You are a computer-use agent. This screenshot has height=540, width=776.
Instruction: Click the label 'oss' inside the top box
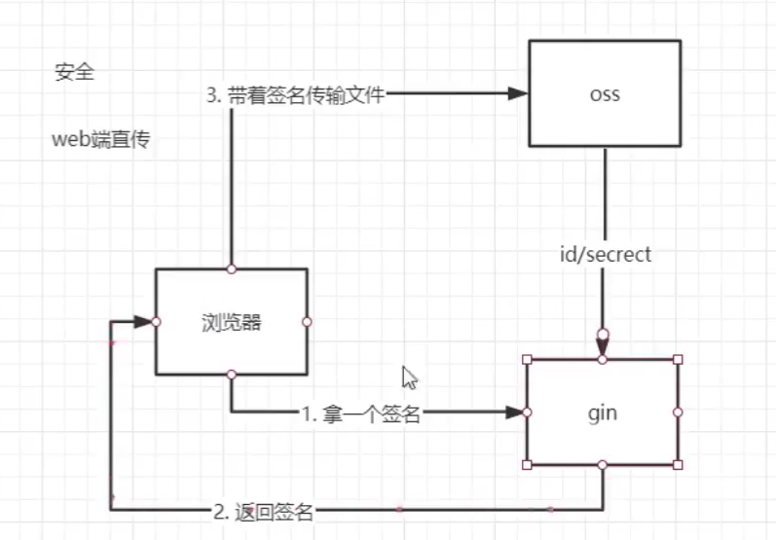click(605, 96)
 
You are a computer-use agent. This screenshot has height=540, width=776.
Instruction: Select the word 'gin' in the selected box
click(603, 413)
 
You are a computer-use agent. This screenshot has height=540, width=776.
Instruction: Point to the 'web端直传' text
click(100, 139)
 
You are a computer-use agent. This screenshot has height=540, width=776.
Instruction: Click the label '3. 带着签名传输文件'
click(295, 95)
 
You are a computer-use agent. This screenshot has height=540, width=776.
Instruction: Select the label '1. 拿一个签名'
click(360, 414)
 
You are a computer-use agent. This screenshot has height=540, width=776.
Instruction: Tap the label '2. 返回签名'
click(264, 510)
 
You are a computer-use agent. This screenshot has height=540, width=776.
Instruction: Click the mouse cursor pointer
click(409, 378)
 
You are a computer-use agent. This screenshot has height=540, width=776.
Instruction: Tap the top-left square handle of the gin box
click(527, 360)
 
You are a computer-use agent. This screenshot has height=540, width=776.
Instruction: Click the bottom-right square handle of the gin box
click(679, 465)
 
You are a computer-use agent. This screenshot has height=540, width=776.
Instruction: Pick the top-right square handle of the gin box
click(679, 360)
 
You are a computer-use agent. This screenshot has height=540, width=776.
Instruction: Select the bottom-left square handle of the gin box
click(527, 465)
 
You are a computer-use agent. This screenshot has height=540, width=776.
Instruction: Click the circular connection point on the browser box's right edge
click(307, 321)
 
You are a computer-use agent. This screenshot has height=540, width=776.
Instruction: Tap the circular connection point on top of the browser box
click(231, 269)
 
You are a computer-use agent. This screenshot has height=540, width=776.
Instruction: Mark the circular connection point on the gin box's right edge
click(679, 413)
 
